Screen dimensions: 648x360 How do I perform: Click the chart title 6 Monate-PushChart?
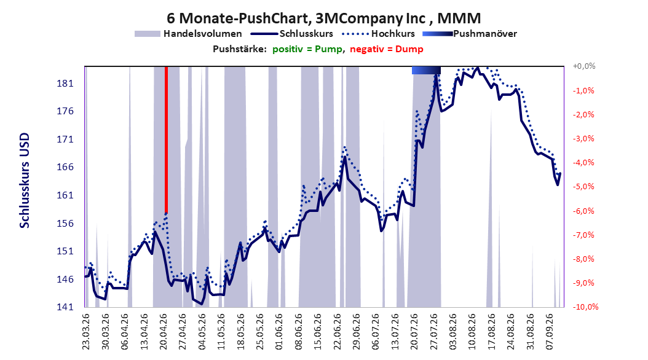237,18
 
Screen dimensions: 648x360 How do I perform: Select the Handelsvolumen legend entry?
188,34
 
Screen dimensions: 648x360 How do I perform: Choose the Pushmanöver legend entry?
470,34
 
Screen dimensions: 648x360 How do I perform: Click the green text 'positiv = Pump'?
307,49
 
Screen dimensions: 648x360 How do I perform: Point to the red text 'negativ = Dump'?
387,49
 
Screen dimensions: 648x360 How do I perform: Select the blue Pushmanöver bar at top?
426,71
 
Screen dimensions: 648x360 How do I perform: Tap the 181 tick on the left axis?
65,84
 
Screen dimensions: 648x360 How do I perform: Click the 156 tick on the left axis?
65,224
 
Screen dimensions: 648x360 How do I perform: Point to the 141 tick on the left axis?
65,307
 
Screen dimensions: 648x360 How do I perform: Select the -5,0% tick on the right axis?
583,187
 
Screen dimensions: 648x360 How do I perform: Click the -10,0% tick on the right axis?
585,307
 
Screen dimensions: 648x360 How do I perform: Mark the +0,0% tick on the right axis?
584,66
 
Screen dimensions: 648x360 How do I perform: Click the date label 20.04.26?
164,332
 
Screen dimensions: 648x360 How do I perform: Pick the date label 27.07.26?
433,332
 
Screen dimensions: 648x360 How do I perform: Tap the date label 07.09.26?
549,332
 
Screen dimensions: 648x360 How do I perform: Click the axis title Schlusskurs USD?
25,180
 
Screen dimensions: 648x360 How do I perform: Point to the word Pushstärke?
240,49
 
